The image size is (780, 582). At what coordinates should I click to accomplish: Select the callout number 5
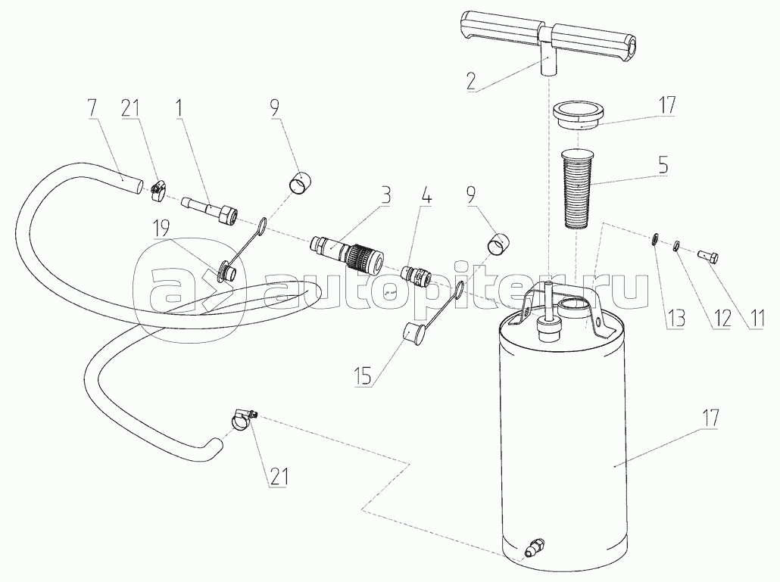pos(663,166)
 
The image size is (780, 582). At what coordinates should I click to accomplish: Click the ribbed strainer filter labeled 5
pos(576,188)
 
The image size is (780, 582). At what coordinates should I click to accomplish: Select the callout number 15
pos(363,375)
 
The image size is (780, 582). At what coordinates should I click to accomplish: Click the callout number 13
pos(676,319)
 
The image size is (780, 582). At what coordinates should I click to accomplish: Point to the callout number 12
pos(722,319)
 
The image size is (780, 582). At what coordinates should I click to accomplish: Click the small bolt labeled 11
pos(709,258)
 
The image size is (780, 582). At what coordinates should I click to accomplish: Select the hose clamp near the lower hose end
pos(243,419)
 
